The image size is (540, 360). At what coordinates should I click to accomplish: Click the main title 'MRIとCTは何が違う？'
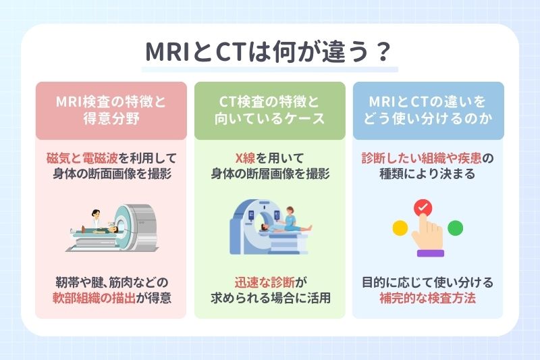(270, 53)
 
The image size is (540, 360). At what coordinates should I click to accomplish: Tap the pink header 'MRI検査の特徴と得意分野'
(111, 110)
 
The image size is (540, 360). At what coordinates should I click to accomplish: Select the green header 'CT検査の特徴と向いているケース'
(269, 110)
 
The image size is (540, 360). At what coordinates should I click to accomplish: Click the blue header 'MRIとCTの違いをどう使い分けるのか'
(427, 110)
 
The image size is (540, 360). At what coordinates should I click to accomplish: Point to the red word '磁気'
(59, 158)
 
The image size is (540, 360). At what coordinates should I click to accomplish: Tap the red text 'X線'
(245, 158)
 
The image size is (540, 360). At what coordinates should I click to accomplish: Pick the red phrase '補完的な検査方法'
(427, 297)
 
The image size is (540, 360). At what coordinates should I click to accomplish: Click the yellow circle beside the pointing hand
(400, 228)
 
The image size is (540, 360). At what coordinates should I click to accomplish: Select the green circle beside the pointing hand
(455, 228)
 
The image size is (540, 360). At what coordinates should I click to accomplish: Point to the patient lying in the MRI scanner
(101, 230)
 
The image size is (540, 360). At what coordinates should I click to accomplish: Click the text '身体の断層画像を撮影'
(269, 174)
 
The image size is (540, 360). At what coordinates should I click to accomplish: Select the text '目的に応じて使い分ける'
(427, 282)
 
